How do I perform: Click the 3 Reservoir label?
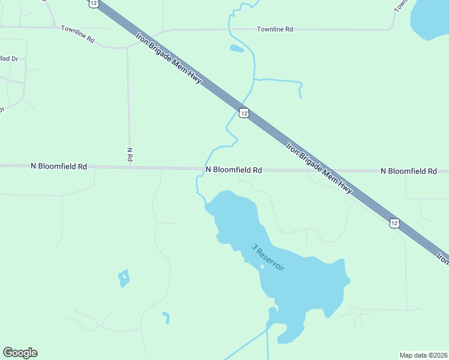coord(268,257)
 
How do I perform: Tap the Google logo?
coord(20,353)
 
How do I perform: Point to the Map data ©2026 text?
coord(423,355)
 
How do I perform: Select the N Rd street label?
coord(130,155)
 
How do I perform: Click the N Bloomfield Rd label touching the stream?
coord(234,170)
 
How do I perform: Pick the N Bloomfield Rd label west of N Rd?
coord(59,166)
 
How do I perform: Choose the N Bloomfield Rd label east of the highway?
coord(408,171)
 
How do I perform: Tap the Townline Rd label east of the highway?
coord(274,29)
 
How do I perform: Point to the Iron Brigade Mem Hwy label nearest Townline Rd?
coord(167,66)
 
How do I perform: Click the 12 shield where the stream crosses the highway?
coord(243,113)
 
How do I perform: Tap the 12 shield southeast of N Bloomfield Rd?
coord(394,223)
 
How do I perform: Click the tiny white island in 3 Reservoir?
coord(262,266)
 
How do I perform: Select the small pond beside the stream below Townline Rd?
coord(237,49)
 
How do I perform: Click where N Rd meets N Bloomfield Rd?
coord(130,167)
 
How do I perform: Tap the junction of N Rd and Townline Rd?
coord(127,47)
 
